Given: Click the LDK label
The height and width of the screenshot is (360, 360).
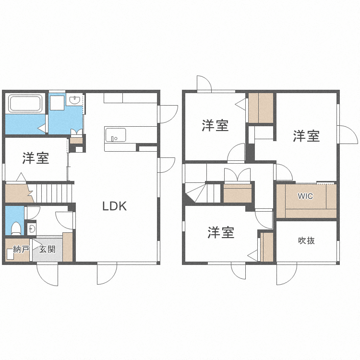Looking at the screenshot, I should (x=114, y=206).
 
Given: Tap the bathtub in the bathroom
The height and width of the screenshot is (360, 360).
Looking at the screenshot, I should (x=26, y=104).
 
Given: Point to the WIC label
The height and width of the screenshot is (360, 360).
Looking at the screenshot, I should (x=305, y=196).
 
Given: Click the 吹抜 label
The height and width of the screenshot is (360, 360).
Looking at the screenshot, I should (x=306, y=240).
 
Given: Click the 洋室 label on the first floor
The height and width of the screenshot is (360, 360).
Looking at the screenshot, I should (x=36, y=158).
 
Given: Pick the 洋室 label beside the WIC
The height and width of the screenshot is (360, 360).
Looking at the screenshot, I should (x=306, y=136).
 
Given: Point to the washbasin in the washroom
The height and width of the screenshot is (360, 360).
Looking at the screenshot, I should (x=75, y=100).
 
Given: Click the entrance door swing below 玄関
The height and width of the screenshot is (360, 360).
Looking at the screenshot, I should (x=48, y=275).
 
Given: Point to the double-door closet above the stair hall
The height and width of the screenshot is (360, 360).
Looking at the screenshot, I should (x=237, y=175).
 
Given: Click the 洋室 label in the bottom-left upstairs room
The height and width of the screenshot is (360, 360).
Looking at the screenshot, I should (x=221, y=233).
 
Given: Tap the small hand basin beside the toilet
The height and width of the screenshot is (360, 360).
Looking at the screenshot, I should (x=32, y=228).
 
